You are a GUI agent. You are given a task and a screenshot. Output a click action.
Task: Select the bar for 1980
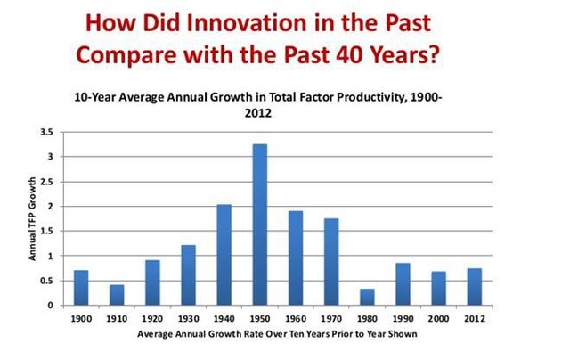tap(367, 298)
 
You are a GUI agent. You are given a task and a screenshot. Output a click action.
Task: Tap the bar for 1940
tap(224, 255)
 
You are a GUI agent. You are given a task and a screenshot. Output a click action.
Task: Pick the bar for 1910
tap(117, 295)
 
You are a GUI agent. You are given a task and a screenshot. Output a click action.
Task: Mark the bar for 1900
tap(81, 288)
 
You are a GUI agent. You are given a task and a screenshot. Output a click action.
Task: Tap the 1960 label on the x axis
tap(296, 318)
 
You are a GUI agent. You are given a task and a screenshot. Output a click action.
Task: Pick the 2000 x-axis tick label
tap(438, 318)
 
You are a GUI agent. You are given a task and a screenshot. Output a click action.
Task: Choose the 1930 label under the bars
tap(188, 318)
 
